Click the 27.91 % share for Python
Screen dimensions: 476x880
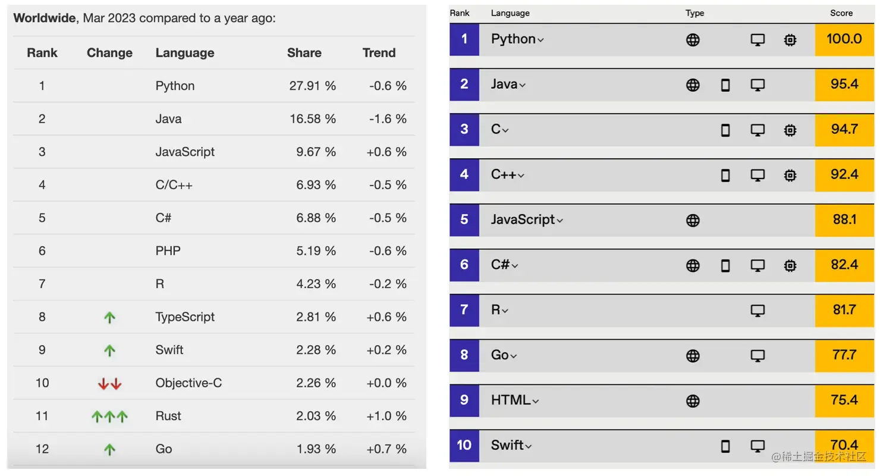tap(312, 86)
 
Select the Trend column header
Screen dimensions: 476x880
tap(379, 53)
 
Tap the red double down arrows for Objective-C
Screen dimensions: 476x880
tap(109, 384)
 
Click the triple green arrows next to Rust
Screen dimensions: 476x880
tap(109, 416)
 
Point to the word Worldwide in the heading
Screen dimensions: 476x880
tap(45, 18)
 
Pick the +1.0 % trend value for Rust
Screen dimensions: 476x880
tap(386, 416)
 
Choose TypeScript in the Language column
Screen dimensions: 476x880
tap(185, 317)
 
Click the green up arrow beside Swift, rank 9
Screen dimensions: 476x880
tap(109, 350)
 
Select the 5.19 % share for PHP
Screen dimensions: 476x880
tap(316, 251)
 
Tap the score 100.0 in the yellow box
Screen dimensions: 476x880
tap(844, 39)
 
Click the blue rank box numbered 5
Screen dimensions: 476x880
tap(464, 220)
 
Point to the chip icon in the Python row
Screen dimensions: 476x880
tap(790, 40)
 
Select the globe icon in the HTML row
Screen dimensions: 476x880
tap(693, 401)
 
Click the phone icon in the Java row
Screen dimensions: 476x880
tap(725, 85)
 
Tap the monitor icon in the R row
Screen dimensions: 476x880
tap(758, 311)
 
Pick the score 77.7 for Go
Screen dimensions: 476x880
tap(844, 355)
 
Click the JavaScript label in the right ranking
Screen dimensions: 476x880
tap(523, 220)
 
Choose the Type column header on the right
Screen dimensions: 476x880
tap(694, 13)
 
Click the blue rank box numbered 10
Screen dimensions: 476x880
tap(464, 445)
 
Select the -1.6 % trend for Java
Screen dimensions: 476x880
tap(388, 119)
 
